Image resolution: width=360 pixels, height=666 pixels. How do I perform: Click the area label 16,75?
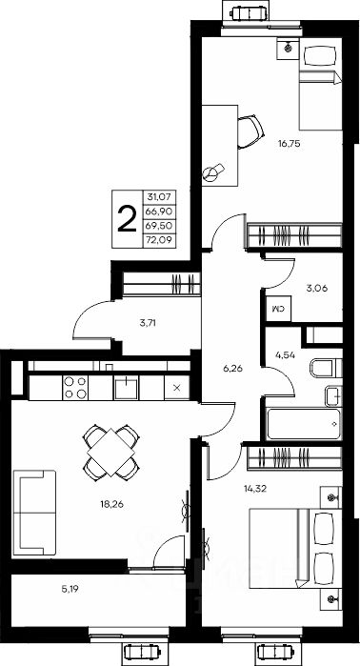click(290, 144)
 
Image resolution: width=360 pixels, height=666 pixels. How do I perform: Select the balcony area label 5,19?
click(70, 589)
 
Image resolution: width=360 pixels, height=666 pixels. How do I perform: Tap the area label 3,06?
click(317, 288)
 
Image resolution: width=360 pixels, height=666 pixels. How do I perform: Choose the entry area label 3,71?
click(148, 323)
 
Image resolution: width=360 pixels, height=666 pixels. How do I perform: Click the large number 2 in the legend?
click(127, 219)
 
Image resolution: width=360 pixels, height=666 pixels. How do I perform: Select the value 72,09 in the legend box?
click(160, 241)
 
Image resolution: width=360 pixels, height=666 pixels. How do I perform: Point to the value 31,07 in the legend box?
click(160, 196)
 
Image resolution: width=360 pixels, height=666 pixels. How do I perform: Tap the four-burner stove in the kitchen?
click(75, 388)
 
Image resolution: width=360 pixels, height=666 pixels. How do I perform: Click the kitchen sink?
click(126, 388)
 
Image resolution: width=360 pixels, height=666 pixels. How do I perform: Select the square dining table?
click(111, 452)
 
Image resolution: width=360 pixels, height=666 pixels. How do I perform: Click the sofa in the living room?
click(34, 513)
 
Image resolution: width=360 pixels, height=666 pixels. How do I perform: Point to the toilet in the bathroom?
click(326, 369)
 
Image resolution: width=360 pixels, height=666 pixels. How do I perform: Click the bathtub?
click(304, 424)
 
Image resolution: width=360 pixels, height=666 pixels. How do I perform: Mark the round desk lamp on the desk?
click(212, 172)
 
